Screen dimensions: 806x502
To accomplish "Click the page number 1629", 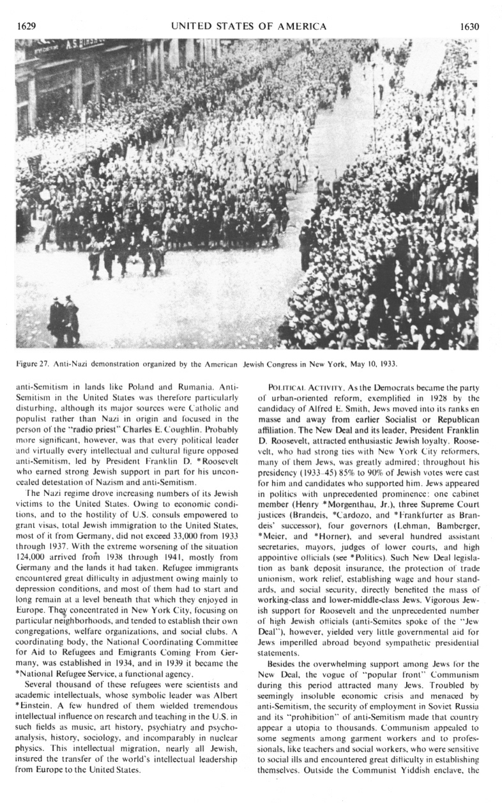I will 26,26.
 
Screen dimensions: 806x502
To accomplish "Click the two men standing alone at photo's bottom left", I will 64,320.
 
